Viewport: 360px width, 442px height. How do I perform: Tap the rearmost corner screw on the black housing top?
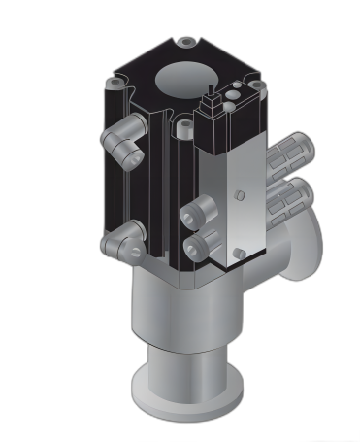click(x=185, y=43)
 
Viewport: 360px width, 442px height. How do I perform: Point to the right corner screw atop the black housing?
click(x=255, y=85)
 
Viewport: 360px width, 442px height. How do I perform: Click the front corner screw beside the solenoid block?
click(x=182, y=123)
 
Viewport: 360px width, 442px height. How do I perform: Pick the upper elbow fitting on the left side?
click(x=123, y=143)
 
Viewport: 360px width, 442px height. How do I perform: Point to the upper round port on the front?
click(x=200, y=212)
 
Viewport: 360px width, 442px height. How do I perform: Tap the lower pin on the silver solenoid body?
click(x=239, y=254)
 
